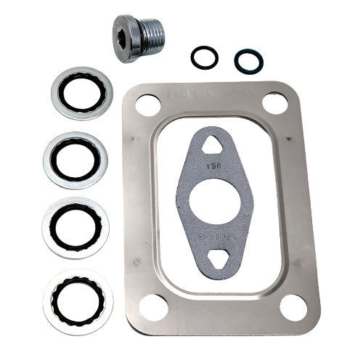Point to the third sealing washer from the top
point(76,227)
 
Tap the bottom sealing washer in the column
point(78,301)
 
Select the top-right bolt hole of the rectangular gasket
point(274,102)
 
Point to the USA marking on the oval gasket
point(213,167)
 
